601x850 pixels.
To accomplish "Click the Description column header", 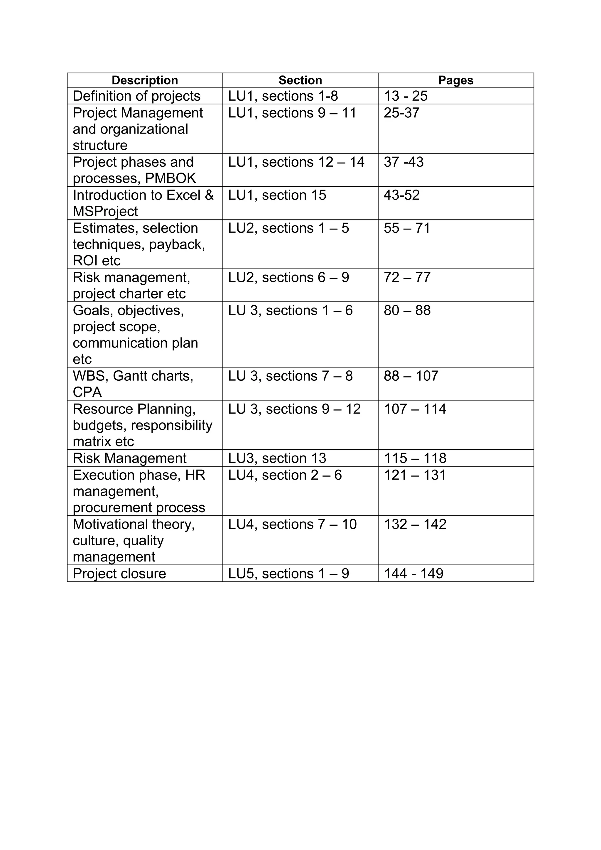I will [145, 80].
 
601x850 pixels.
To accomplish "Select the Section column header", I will [300, 80].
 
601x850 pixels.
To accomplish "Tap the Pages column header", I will [455, 80].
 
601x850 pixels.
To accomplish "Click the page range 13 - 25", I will [406, 96].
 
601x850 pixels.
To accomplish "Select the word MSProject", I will [105, 211].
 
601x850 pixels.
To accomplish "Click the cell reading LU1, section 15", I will [277, 195].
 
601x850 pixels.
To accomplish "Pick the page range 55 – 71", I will [407, 228].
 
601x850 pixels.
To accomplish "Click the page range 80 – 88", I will [407, 310].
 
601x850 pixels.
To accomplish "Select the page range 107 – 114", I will [415, 409].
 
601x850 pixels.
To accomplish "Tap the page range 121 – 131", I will [415, 475].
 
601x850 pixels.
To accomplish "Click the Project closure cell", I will [119, 574].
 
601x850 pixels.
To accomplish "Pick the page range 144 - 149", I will [413, 574].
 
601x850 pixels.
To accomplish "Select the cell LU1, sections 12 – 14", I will [296, 162].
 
